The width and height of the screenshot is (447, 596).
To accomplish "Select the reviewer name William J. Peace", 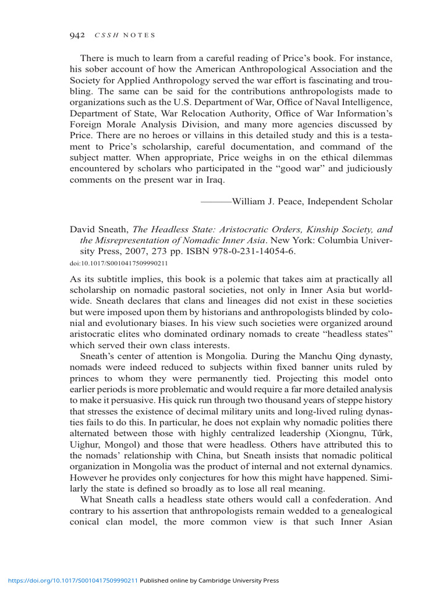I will [x=268, y=201].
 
